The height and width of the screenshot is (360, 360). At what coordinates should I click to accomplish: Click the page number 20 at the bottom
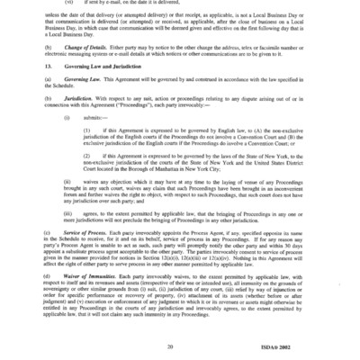181,344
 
